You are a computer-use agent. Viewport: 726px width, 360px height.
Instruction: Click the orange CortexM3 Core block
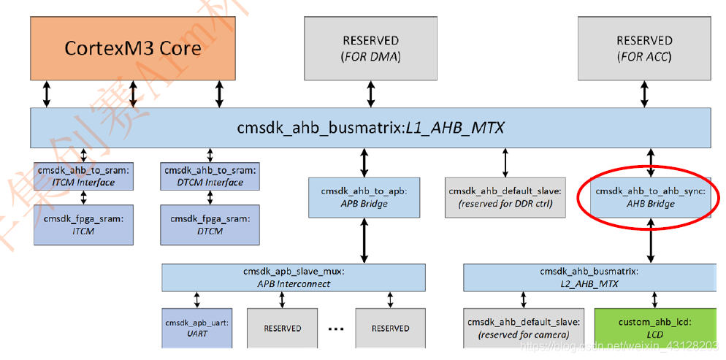(132, 47)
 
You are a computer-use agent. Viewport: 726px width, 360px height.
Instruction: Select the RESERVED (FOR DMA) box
(370, 47)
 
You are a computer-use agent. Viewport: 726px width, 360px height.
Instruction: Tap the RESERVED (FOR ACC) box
(643, 47)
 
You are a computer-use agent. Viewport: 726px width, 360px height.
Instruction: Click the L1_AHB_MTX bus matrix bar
(370, 128)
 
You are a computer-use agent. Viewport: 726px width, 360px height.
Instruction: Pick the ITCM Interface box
(84, 176)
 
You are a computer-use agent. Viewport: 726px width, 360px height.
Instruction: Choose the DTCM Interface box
(210, 176)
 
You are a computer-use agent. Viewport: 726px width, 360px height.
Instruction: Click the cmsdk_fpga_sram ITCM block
(84, 224)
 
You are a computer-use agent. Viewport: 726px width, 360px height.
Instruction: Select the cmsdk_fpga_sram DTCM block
(210, 224)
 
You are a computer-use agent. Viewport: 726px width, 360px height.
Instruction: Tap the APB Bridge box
(364, 197)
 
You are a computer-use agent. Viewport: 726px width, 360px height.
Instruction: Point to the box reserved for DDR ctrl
(505, 197)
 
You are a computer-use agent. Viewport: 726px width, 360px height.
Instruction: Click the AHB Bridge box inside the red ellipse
(650, 197)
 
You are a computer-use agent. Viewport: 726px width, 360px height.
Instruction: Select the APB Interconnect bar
(293, 277)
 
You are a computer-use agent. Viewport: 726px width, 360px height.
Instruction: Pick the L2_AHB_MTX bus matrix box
(588, 277)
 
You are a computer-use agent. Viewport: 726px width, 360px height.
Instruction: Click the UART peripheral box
(197, 327)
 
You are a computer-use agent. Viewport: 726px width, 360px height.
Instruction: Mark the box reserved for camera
(523, 327)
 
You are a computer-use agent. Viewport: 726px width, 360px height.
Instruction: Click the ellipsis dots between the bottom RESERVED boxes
(336, 329)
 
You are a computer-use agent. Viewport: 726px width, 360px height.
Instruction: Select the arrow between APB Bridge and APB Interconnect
(364, 240)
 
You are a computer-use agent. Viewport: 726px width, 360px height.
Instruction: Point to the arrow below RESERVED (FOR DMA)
(370, 93)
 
